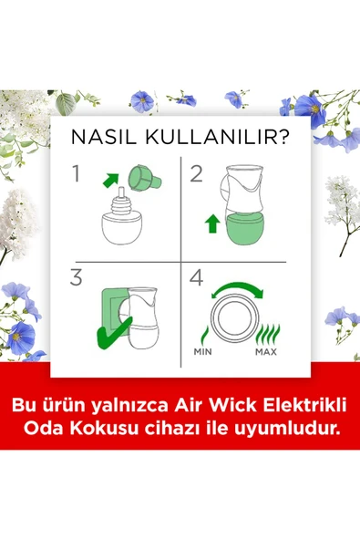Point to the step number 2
(196, 173)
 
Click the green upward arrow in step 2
(212, 222)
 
